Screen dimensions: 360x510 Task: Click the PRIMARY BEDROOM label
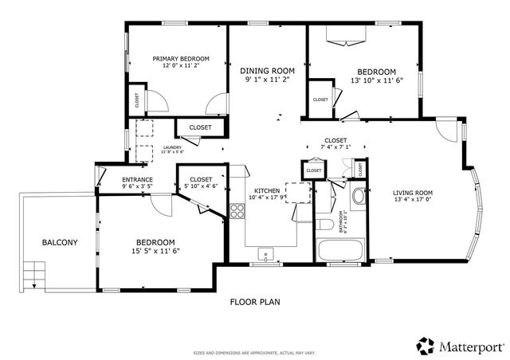point(181,59)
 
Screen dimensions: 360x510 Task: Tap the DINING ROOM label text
point(262,70)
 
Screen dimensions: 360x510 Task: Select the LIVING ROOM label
point(412,193)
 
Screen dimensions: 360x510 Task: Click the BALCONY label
point(60,242)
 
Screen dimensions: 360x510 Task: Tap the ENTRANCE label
point(137,180)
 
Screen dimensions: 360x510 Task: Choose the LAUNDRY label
point(172,147)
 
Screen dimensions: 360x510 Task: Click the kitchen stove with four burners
point(237,210)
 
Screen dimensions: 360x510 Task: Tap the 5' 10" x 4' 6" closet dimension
point(200,186)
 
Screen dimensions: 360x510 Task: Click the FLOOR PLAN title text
point(254,302)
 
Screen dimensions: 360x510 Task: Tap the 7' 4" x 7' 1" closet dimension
point(335,147)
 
